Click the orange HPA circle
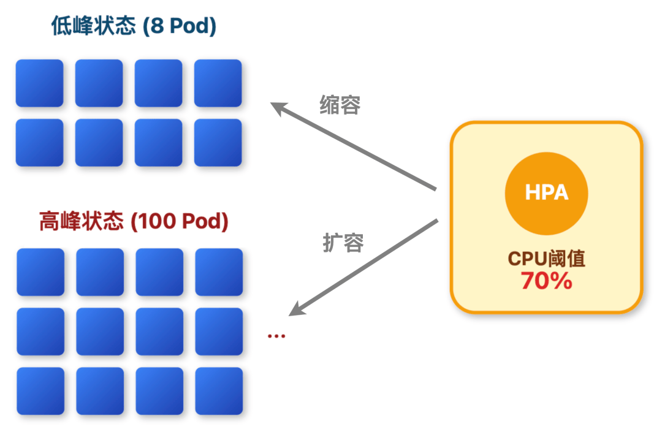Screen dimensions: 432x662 pos(546,192)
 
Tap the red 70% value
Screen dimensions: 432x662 pos(546,281)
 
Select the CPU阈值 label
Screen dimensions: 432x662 pos(546,258)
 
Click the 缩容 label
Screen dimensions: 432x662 pos(340,105)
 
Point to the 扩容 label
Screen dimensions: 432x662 pos(343,243)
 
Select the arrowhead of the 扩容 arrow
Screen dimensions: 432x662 pos(295,310)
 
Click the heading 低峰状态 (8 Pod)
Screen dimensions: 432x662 pos(134,26)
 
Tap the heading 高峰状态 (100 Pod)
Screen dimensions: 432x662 pos(133,221)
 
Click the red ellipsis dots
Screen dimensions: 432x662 pos(276,335)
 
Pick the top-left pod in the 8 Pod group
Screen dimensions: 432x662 pos(39,83)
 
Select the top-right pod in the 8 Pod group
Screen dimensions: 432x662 pos(218,83)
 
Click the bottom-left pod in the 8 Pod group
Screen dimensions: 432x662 pos(39,143)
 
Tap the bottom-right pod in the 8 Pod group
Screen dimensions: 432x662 pos(218,143)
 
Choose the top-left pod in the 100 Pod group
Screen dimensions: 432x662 pos(40,272)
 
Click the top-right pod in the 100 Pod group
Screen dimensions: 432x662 pos(219,272)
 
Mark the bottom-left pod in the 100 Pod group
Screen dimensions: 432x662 pos(40,391)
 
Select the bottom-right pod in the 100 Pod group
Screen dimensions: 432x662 pos(219,391)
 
